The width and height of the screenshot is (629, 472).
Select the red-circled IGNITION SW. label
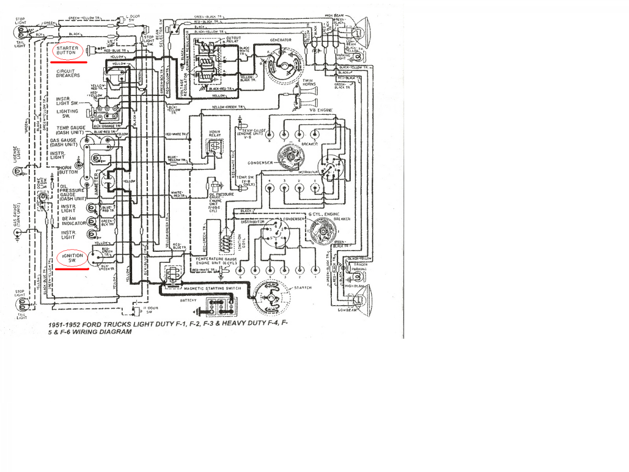click(x=72, y=258)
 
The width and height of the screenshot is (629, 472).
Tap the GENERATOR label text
click(x=280, y=40)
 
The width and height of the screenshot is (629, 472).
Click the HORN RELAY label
click(x=214, y=134)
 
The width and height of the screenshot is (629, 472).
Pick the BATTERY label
click(x=188, y=301)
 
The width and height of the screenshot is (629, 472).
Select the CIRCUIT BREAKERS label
click(x=68, y=73)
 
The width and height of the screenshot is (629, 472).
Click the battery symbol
click(x=220, y=307)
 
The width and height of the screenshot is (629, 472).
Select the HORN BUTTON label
click(x=68, y=169)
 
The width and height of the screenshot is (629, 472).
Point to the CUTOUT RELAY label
click(x=233, y=41)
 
